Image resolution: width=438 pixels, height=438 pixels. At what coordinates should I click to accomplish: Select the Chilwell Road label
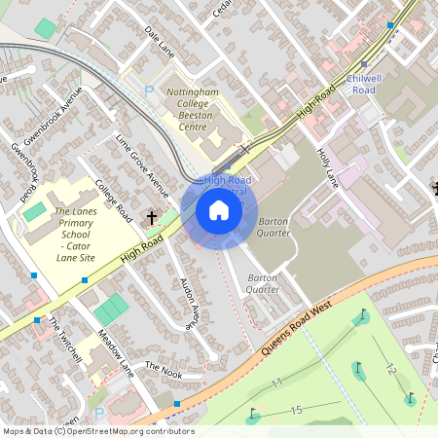(363, 83)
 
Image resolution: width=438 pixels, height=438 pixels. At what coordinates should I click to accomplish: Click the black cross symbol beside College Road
(152, 218)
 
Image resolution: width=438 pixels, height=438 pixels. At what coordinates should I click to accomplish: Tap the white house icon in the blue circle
(218, 210)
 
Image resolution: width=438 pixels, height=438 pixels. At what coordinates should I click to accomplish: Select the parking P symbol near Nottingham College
(149, 90)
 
